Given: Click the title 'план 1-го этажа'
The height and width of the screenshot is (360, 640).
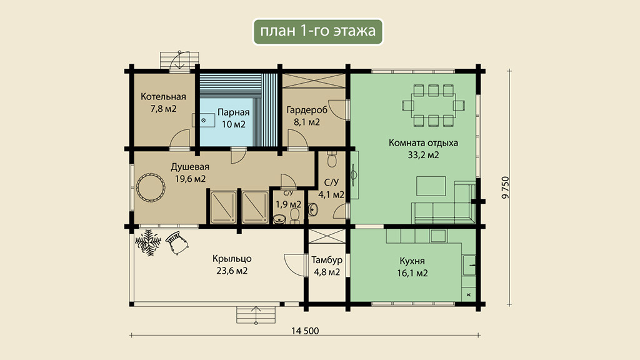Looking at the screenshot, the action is [318, 31].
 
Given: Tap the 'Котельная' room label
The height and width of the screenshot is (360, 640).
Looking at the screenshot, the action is [163, 97].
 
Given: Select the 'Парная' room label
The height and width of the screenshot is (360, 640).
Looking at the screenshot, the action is [234, 112].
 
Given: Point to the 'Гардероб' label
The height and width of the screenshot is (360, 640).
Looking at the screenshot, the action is [307, 110].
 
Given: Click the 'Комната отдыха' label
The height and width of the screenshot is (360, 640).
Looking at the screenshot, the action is [423, 143].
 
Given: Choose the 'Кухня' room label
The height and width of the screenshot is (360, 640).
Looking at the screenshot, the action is [412, 261].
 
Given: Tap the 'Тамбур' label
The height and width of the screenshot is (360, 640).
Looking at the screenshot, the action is [327, 260].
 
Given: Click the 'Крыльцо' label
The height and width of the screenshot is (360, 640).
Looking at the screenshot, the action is [232, 259].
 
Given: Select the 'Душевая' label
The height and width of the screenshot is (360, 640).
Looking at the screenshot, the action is [190, 167].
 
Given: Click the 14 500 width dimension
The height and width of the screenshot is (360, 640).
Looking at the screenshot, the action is [305, 331].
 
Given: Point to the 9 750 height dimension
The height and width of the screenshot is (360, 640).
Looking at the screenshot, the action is [506, 187].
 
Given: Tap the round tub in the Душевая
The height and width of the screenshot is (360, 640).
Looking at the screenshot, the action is [151, 187].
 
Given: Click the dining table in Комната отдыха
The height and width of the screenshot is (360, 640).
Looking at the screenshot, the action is [434, 105].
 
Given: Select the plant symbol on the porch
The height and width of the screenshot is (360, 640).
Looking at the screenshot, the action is [147, 242].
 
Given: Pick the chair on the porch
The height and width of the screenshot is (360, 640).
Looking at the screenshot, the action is [177, 242].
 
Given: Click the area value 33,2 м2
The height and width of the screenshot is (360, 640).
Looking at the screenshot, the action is [423, 155].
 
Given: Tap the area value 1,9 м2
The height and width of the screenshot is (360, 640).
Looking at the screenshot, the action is [289, 204].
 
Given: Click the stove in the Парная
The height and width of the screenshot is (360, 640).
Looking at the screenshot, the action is [204, 121].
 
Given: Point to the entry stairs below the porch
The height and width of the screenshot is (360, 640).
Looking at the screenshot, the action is [256, 315].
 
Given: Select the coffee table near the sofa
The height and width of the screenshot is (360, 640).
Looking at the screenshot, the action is [431, 186].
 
